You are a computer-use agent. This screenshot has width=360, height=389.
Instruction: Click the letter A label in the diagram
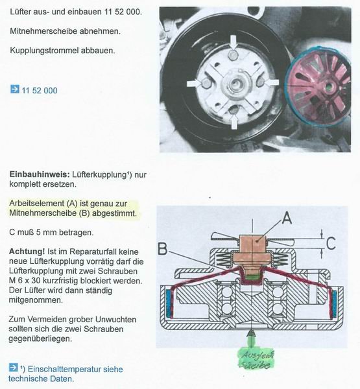287,218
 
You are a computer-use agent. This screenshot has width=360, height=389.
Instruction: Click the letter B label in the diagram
163,249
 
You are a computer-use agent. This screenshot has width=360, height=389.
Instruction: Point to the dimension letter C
331,243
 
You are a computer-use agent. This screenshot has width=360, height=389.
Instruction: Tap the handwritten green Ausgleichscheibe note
256,360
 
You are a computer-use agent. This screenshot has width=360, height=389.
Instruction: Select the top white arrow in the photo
234,43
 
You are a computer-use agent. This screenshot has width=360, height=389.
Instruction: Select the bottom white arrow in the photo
234,121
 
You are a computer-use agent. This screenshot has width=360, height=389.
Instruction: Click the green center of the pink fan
330,87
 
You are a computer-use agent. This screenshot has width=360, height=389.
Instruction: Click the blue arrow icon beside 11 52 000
15,89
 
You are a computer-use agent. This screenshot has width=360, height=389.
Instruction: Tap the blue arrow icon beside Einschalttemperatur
13,368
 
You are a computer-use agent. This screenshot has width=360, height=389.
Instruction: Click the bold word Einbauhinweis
40,174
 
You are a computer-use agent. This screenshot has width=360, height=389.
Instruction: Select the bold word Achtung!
27,252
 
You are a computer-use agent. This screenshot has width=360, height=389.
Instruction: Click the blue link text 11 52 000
40,91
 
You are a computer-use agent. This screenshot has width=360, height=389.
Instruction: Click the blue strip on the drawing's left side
169,303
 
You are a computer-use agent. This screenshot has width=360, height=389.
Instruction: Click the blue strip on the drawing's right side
333,304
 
